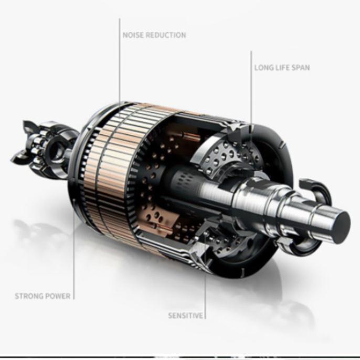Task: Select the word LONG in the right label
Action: pyautogui.click(x=263, y=68)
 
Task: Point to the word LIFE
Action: pyautogui.click(x=281, y=68)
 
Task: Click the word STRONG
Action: pyautogui.click(x=28, y=296)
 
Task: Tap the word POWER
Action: pyautogui.click(x=57, y=296)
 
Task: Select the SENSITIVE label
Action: pyautogui.click(x=186, y=315)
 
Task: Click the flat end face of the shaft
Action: pyautogui.click(x=342, y=228)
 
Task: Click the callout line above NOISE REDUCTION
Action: pyautogui.click(x=120, y=61)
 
